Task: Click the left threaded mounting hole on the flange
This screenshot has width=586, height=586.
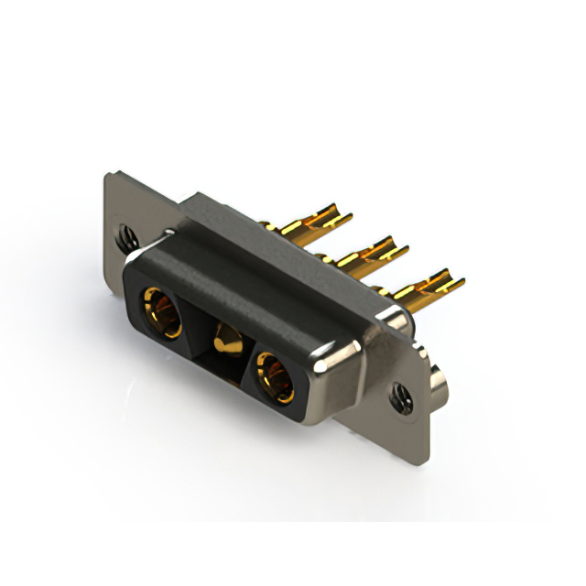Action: click(125, 236)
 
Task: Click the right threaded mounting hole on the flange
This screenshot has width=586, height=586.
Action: click(399, 395)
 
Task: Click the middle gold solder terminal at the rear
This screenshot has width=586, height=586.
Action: click(371, 252)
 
